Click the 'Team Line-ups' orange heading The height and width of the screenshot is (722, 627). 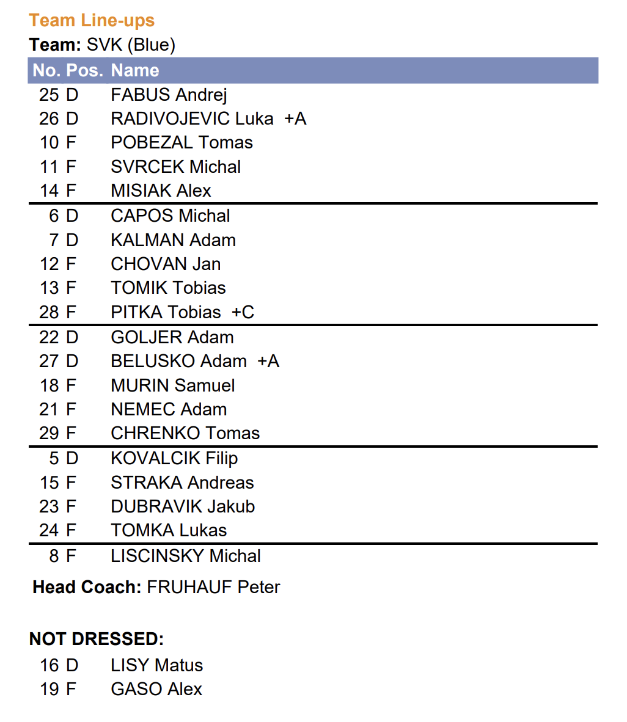(x=92, y=21)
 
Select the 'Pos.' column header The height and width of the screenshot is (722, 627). (x=84, y=70)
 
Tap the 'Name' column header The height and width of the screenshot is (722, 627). (x=135, y=70)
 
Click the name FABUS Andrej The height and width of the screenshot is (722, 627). (x=169, y=95)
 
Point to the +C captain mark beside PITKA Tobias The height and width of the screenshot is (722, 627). (x=243, y=312)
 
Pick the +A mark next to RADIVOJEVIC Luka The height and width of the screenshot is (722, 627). (x=295, y=119)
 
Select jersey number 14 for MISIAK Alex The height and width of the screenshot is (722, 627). (x=49, y=191)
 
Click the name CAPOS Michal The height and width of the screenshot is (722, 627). (x=170, y=216)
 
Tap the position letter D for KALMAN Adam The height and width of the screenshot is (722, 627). (x=72, y=240)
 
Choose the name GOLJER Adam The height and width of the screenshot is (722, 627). (x=172, y=337)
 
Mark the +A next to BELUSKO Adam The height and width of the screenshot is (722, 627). (x=268, y=361)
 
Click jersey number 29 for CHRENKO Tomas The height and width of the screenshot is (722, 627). (x=49, y=433)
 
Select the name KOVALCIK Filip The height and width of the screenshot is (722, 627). (x=174, y=458)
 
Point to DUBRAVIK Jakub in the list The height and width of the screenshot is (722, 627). (x=183, y=506)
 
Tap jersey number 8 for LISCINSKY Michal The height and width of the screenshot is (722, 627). (x=54, y=556)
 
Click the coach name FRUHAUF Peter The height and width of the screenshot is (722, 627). (x=213, y=587)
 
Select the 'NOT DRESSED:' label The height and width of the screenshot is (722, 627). (x=97, y=639)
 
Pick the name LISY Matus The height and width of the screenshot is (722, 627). (x=157, y=665)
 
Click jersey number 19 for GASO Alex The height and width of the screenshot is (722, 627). (x=49, y=689)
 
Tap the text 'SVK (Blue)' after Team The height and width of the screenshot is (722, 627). (x=131, y=45)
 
